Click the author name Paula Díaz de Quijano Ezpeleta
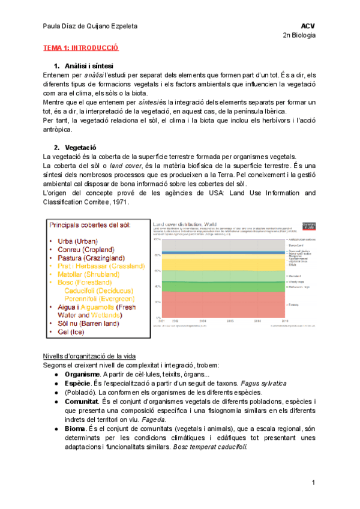(94, 26)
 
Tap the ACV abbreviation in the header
(308, 26)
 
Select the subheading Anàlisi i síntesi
(89, 65)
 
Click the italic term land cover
(125, 166)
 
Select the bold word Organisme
(83, 375)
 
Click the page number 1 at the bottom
(313, 483)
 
